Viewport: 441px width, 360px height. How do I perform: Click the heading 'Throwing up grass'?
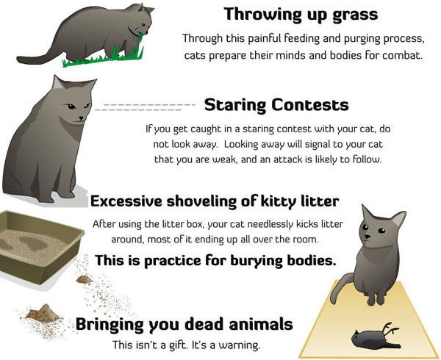tap(301, 15)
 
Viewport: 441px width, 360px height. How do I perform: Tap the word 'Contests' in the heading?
tap(310, 104)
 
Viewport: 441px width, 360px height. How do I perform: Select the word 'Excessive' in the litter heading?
tap(126, 201)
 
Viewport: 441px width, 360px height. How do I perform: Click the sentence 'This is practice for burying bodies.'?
tap(215, 261)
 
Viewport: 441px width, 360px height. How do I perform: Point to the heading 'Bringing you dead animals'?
tap(184, 324)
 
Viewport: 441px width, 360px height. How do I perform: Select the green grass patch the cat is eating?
tap(104, 57)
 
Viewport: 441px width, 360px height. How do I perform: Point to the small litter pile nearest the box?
tap(85, 278)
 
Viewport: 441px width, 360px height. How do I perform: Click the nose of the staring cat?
tap(82, 118)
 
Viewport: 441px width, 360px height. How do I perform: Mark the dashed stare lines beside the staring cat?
tap(145, 107)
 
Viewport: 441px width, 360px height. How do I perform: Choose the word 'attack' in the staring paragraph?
tap(292, 159)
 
